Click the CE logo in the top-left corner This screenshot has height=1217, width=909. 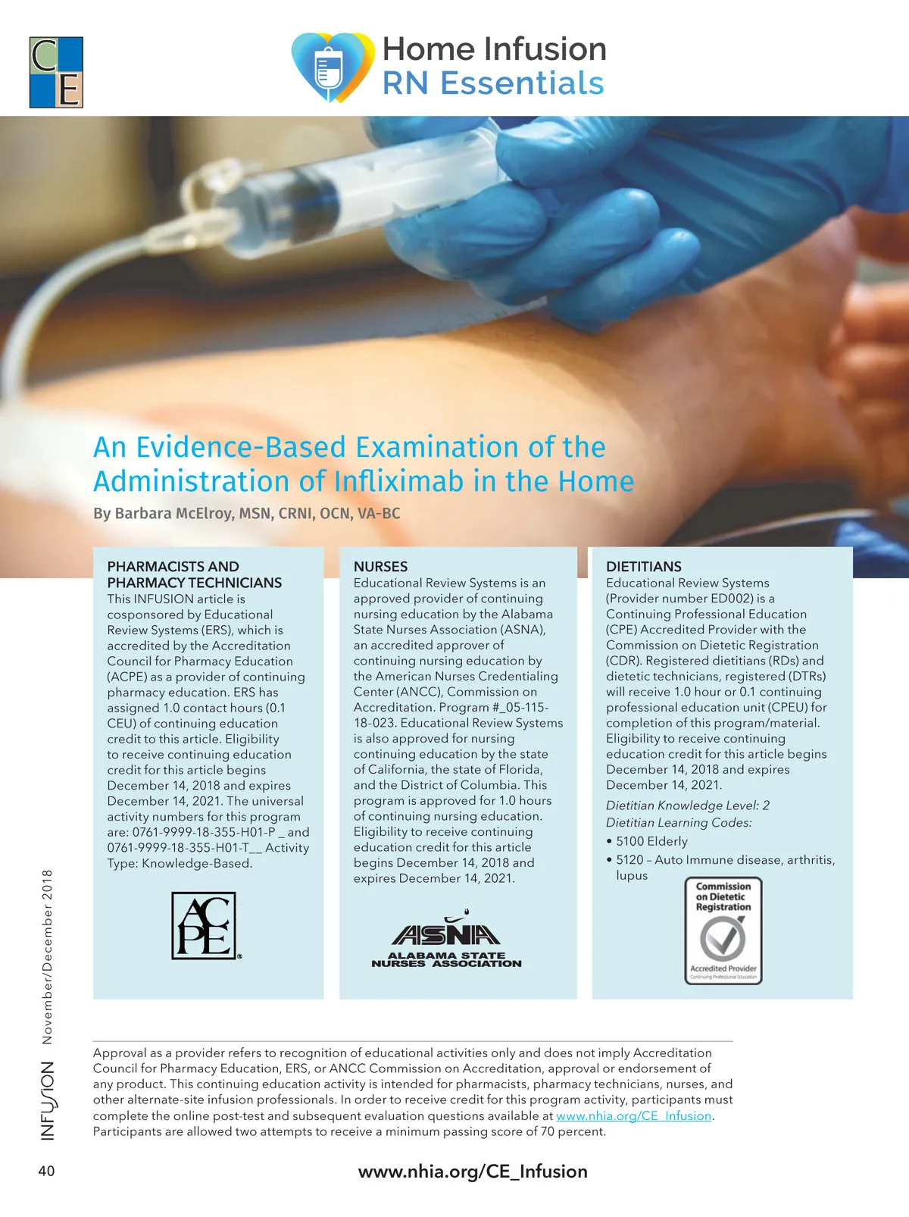click(x=56, y=72)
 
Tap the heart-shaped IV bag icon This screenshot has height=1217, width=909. click(x=332, y=67)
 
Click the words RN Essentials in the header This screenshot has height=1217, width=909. click(x=493, y=83)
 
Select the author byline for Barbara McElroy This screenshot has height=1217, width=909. click(x=246, y=513)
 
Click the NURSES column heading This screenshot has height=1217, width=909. click(x=380, y=566)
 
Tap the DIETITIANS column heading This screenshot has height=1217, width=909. click(x=643, y=566)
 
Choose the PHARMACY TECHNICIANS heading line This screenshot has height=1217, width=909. click(x=194, y=583)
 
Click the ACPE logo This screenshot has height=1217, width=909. click(x=204, y=925)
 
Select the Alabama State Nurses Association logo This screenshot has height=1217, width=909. click(x=446, y=943)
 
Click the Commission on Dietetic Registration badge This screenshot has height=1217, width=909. click(x=723, y=931)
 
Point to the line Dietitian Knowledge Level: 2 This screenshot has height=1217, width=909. click(x=687, y=806)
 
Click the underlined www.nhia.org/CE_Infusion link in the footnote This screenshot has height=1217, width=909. click(x=633, y=1115)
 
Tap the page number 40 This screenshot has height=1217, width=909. click(x=46, y=1171)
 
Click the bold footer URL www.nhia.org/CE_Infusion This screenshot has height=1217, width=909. click(x=473, y=1172)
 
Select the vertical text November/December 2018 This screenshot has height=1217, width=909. click(x=47, y=956)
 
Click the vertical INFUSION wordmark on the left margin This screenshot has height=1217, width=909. click(x=47, y=1100)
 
